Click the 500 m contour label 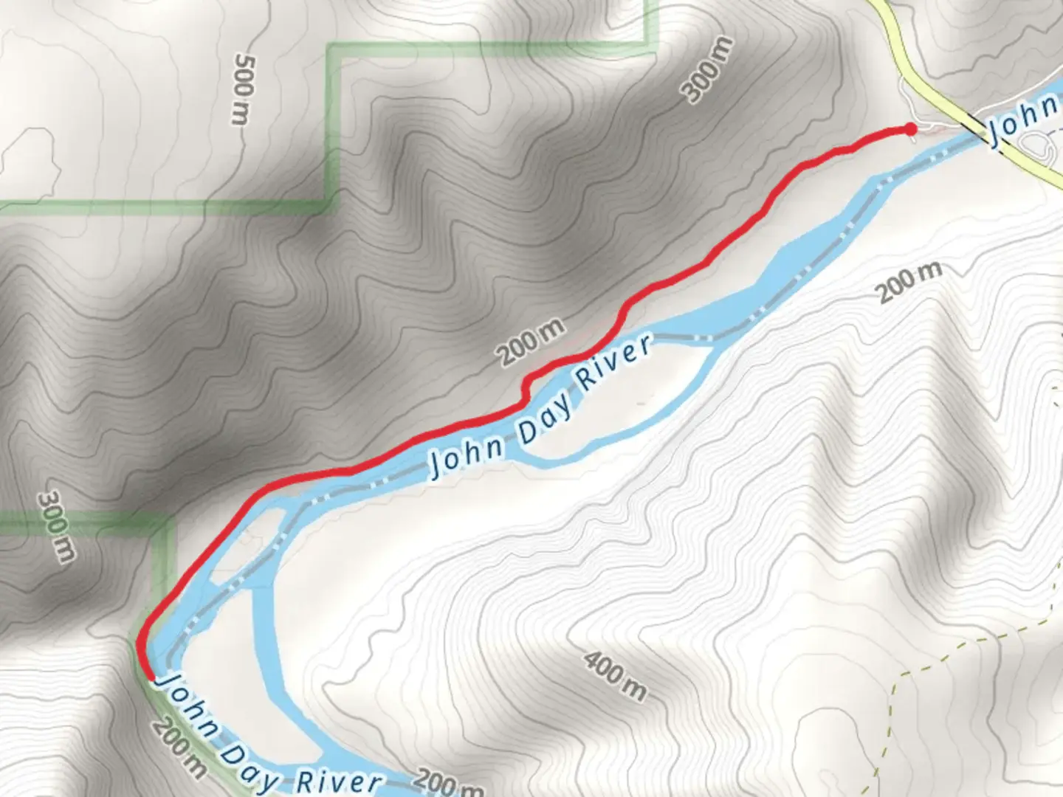242,89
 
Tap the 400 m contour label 615,676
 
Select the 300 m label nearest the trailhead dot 707,70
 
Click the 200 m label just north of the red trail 531,341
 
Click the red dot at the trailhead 910,130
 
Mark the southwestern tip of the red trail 150,675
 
